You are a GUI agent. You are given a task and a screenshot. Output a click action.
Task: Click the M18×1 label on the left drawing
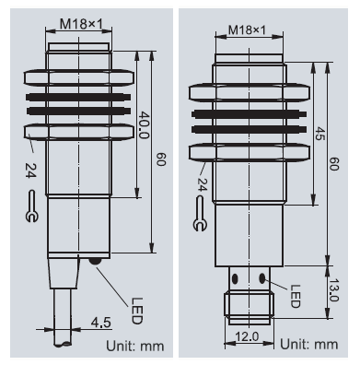point(81,24)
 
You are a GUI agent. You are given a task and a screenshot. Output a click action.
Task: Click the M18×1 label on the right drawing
point(247,30)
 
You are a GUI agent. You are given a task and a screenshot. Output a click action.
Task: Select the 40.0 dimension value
point(144,125)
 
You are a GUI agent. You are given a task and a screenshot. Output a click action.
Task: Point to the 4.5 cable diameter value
point(101,323)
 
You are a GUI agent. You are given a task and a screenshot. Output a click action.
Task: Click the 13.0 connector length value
point(334,290)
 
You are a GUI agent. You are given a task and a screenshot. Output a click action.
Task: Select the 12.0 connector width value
point(247,336)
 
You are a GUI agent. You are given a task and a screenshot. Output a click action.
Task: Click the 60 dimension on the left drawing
point(161,159)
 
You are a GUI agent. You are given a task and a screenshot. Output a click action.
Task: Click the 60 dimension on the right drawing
point(333,164)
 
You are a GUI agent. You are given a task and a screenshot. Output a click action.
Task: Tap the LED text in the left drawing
point(137,311)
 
